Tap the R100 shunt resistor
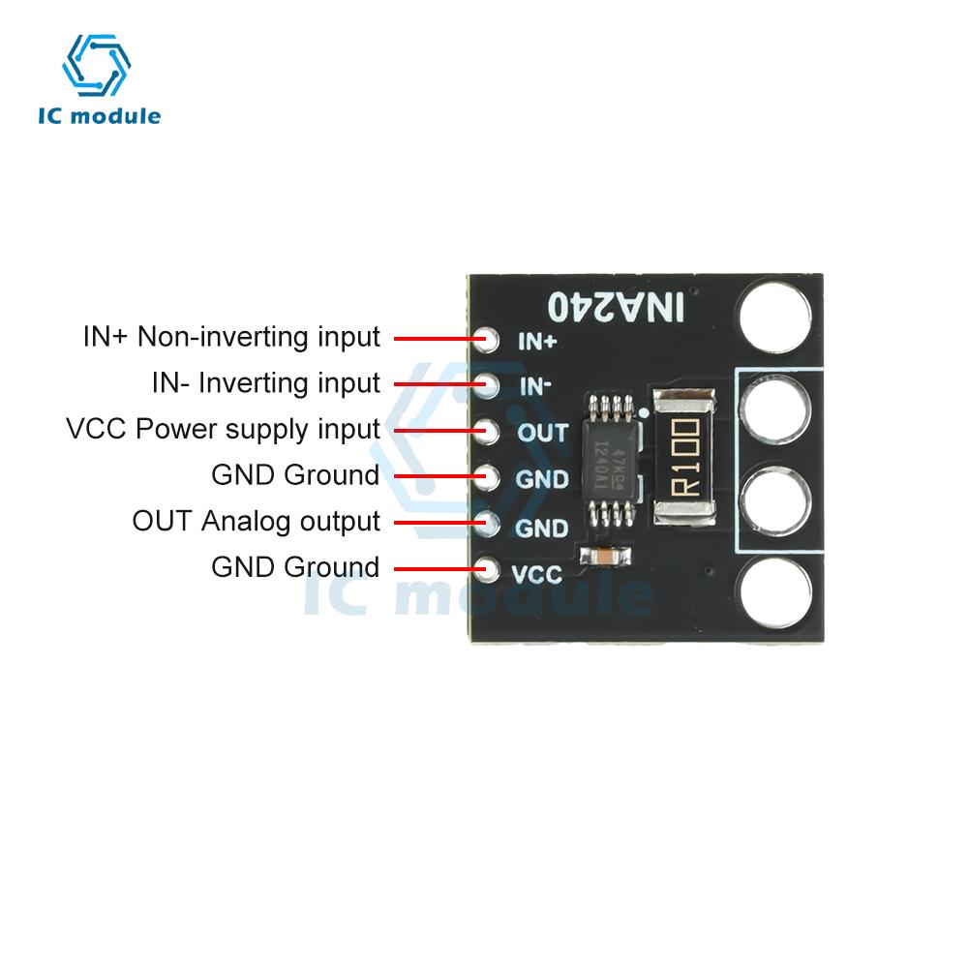click(x=684, y=456)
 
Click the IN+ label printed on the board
click(x=537, y=341)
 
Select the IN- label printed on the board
click(x=535, y=386)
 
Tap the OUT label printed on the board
click(x=542, y=433)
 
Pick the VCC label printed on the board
click(x=536, y=574)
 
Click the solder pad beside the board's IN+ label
click(x=489, y=339)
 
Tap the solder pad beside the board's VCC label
click(x=489, y=569)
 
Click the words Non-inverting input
click(x=259, y=337)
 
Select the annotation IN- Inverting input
click(x=266, y=383)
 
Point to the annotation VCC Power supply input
click(x=223, y=429)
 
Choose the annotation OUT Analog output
click(x=257, y=521)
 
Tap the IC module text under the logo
click(x=99, y=117)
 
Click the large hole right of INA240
click(x=773, y=313)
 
